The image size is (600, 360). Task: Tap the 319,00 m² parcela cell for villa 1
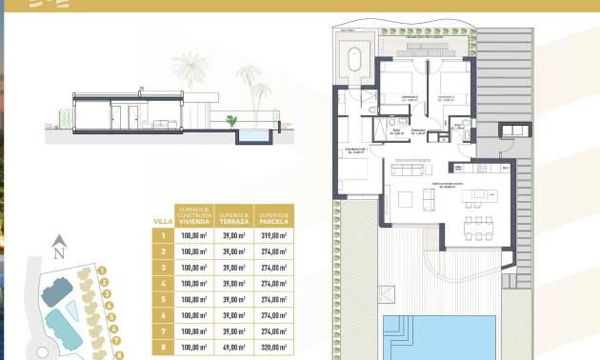(x=274, y=235)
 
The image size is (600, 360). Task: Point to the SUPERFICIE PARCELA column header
(x=274, y=216)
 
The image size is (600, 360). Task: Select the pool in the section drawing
(x=252, y=138)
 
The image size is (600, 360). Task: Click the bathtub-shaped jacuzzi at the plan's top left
(x=354, y=60)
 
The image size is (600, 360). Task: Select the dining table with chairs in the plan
(x=476, y=226)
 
